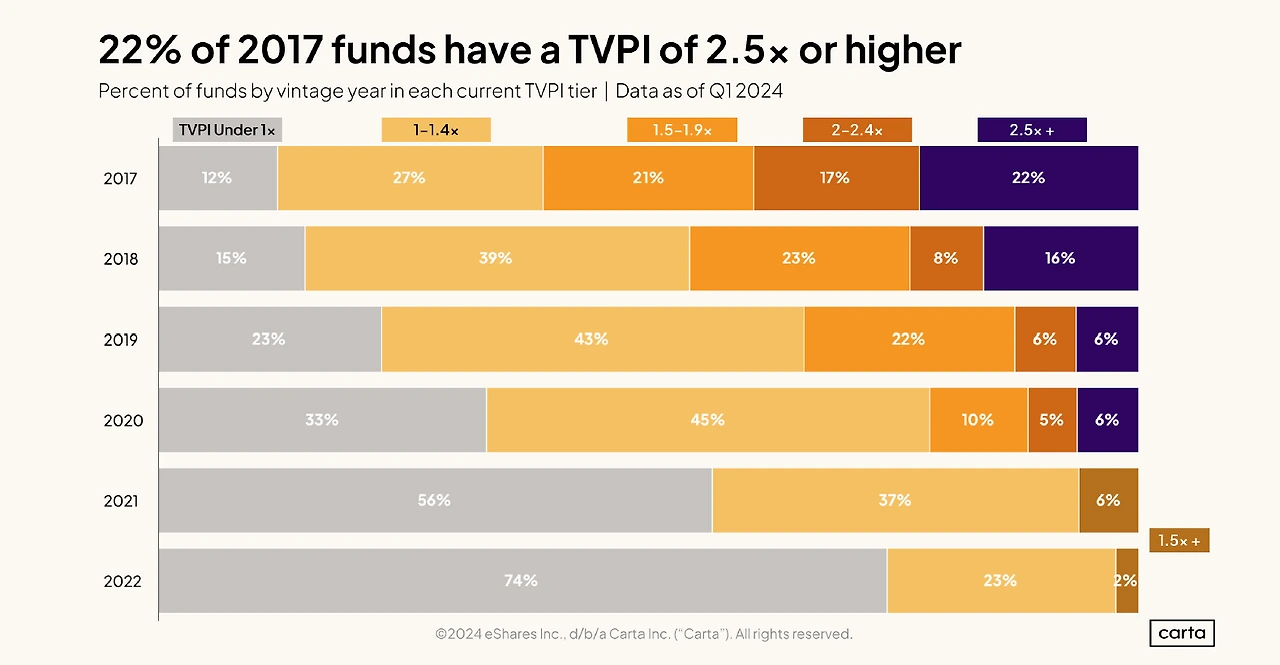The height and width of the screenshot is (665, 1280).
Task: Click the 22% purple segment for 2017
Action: click(x=1028, y=178)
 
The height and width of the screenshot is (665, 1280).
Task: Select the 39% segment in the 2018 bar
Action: click(x=496, y=258)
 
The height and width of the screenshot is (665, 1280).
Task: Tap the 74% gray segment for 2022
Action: click(x=521, y=581)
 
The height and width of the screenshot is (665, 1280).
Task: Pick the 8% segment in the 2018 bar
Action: click(x=945, y=258)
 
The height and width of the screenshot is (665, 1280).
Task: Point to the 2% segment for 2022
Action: click(x=1127, y=581)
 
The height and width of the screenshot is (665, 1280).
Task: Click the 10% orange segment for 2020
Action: click(x=978, y=420)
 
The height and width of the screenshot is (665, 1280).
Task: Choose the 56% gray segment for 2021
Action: click(x=434, y=500)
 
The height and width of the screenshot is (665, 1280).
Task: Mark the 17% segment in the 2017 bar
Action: click(x=835, y=178)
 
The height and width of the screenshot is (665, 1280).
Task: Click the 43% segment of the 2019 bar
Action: click(x=591, y=339)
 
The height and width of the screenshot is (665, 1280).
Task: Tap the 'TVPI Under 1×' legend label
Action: click(x=227, y=130)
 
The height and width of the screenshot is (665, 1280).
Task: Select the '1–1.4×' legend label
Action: click(x=436, y=130)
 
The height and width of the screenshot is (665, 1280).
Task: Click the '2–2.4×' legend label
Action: click(x=856, y=130)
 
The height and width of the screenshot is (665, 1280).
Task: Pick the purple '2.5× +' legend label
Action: click(x=1032, y=130)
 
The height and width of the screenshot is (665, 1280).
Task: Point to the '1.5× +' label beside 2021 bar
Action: click(x=1179, y=541)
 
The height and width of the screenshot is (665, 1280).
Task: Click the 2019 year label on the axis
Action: click(x=121, y=340)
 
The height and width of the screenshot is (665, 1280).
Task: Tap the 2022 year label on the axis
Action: click(x=122, y=582)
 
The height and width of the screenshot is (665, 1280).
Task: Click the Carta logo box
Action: click(x=1182, y=633)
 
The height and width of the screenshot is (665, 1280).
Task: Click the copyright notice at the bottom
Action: click(x=643, y=634)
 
